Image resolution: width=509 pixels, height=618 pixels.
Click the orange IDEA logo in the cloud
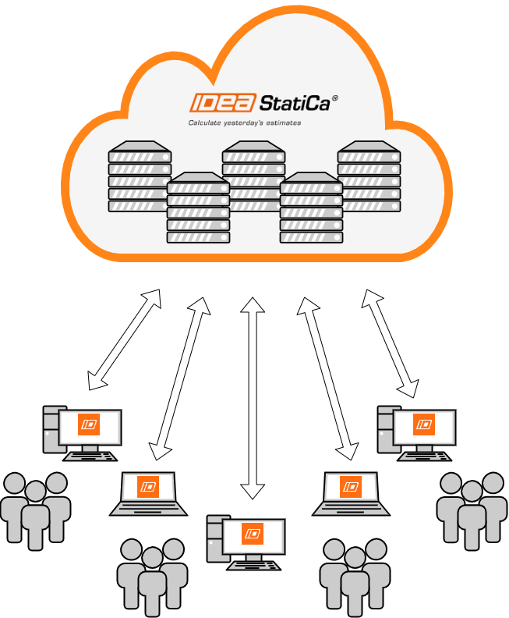[x=215, y=103]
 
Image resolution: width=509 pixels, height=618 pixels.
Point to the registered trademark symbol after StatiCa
[x=334, y=98]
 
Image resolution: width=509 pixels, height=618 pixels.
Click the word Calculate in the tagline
[x=204, y=123]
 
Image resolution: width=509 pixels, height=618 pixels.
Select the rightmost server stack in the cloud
[x=369, y=176]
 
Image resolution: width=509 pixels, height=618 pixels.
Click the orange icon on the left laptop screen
[x=148, y=488]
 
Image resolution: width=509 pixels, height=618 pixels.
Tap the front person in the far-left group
[x=36, y=515]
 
